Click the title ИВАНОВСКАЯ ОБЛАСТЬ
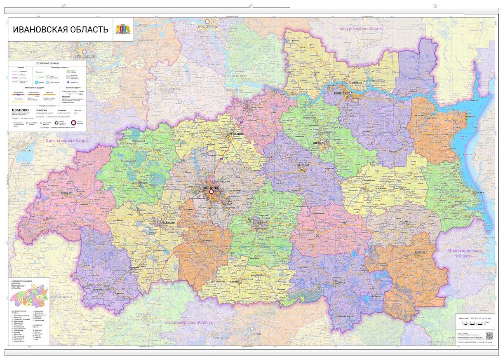click(61, 30)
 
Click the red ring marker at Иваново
click(212, 192)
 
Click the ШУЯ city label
click(260, 222)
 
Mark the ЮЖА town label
click(341, 283)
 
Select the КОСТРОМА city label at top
click(207, 26)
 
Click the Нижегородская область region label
click(465, 252)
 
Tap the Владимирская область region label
click(189, 322)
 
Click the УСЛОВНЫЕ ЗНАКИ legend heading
click(47, 63)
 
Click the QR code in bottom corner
click(489, 336)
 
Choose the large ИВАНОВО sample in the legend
click(20, 110)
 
